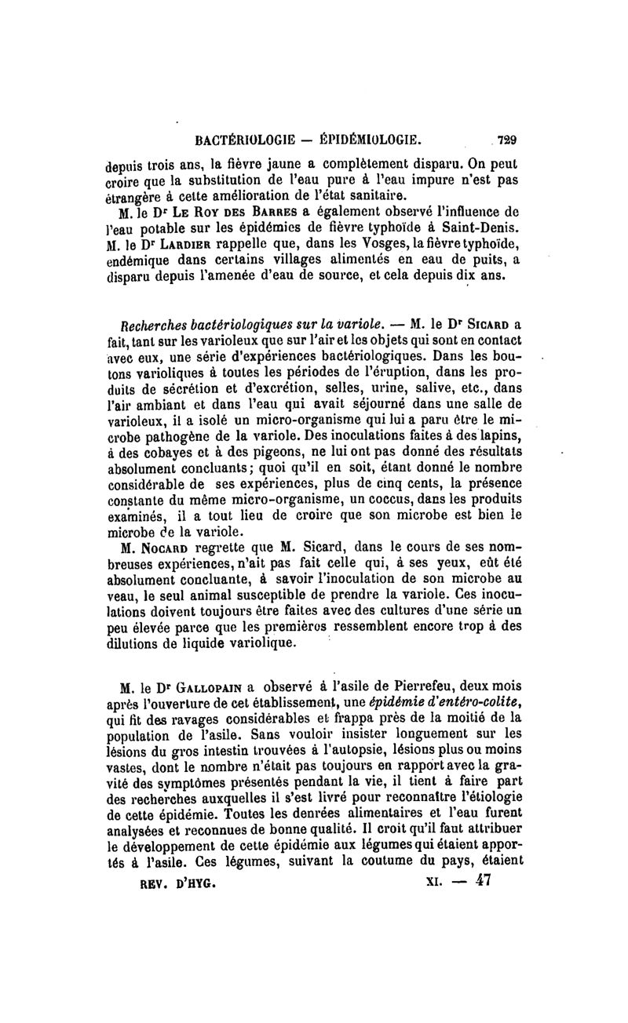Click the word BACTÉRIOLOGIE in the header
242,142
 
